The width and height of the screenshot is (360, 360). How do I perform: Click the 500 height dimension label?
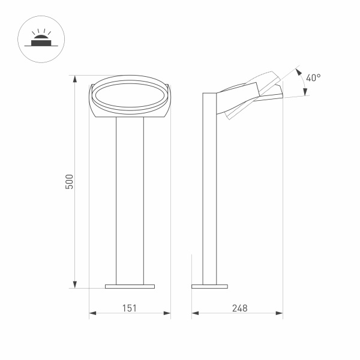70,182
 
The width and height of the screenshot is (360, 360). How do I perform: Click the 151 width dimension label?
130,308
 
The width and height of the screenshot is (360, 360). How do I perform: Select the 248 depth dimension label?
238,308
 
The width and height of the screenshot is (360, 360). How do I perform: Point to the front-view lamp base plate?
130,286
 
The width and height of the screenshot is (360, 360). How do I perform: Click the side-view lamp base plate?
209,286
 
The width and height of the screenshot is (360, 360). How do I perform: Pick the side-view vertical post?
209,192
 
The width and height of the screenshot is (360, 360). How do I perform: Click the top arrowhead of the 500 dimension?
75,80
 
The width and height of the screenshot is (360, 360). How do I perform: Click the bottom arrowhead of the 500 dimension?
75,284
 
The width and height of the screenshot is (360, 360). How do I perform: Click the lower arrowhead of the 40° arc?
305,92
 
